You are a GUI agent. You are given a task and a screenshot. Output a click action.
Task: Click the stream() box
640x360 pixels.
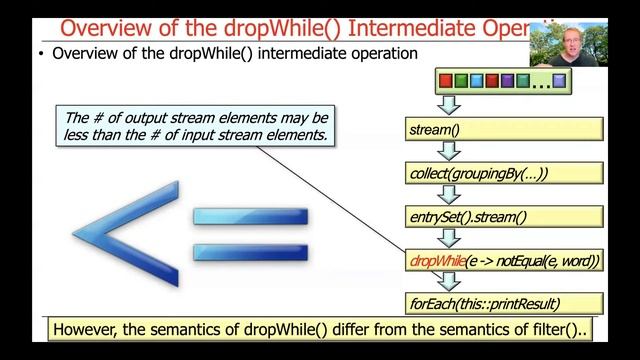505,129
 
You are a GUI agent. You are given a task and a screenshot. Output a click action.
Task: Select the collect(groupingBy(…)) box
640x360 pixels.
505,173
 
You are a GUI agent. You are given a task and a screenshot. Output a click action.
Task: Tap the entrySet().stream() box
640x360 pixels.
505,216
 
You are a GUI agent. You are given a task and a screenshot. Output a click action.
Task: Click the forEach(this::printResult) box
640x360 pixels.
505,303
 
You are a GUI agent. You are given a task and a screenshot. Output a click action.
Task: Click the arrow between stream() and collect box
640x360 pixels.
450,151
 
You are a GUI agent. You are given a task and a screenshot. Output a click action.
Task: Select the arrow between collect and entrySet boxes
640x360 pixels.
450,194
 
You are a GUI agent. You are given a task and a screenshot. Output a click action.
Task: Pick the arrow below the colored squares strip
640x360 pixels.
450,105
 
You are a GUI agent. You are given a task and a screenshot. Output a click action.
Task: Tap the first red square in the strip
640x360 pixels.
446,80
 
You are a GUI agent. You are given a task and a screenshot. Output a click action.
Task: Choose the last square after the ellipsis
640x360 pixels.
560,80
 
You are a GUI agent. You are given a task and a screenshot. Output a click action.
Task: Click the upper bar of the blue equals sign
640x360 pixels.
250,216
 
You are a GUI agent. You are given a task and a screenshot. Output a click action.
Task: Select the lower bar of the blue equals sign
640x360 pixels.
250,252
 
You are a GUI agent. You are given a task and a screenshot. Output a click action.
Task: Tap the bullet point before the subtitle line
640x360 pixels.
41,55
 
